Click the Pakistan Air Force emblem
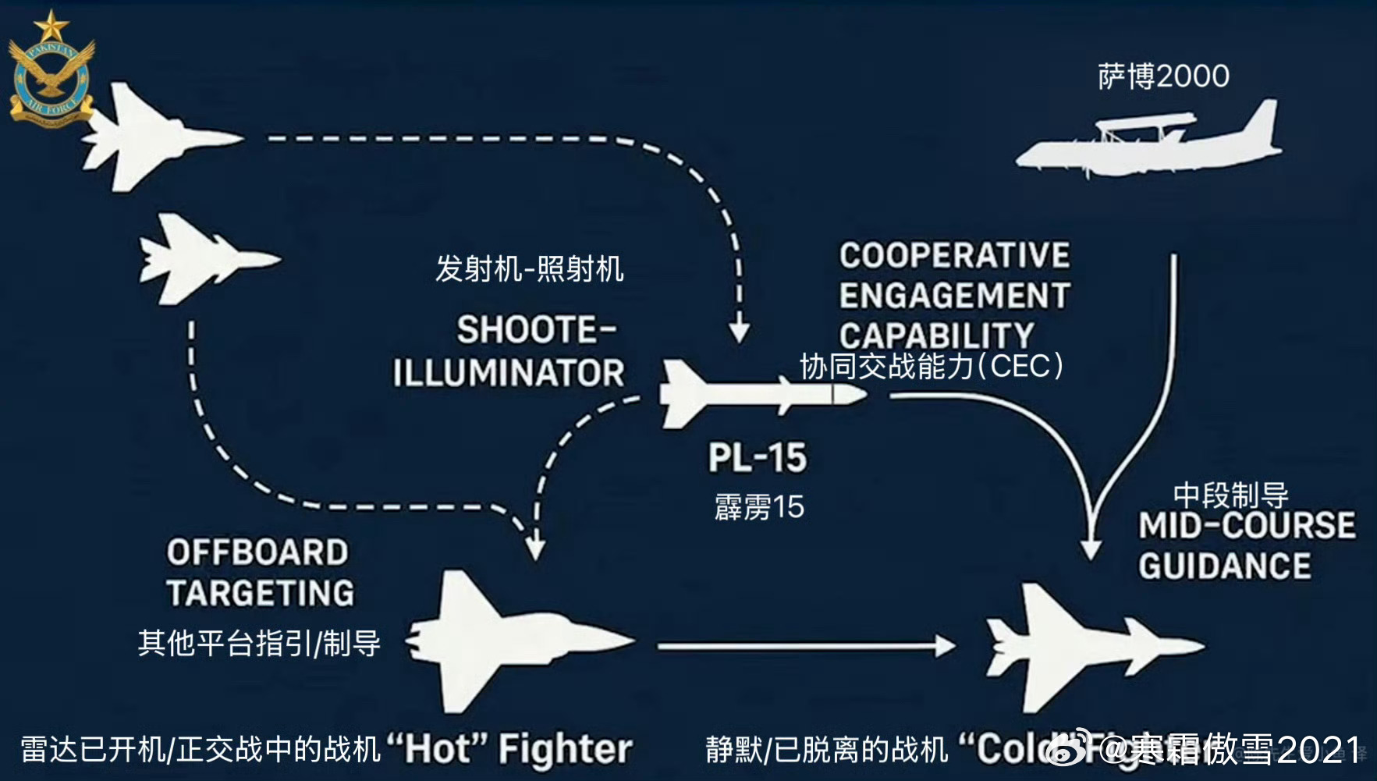51,70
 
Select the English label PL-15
757,457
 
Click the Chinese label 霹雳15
758,507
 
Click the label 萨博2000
1163,76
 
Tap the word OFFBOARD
257,552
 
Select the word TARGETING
260,593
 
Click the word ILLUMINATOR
508,373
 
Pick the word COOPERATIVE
954,255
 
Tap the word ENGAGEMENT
954,296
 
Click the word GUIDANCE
1224,566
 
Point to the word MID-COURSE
1247,526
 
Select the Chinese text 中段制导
1230,495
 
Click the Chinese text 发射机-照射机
529,269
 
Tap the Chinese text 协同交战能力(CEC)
932,366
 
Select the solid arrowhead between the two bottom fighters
945,645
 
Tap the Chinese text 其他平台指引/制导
259,644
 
